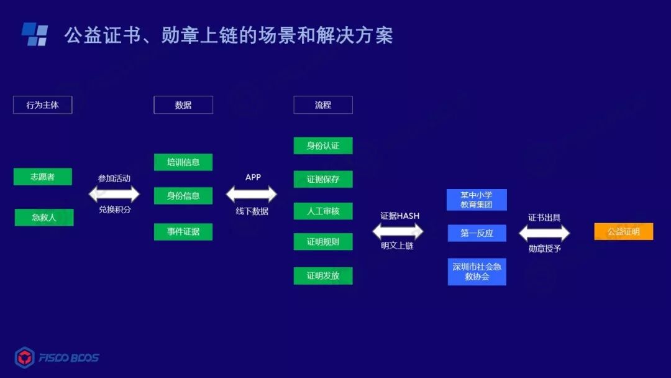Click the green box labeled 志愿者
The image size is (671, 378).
click(42, 177)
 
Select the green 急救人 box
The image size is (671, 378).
click(44, 217)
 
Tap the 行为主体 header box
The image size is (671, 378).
click(42, 105)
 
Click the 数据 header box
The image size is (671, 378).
click(183, 105)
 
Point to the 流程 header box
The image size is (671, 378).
click(322, 105)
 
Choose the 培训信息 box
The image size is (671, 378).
click(183, 162)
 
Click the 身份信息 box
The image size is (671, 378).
click(183, 195)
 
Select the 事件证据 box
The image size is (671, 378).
click(183, 232)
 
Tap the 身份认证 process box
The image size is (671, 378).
click(322, 145)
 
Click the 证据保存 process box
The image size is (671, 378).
click(322, 179)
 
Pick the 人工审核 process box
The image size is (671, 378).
click(322, 211)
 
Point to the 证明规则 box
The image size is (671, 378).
click(322, 242)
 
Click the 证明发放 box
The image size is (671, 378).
click(322, 275)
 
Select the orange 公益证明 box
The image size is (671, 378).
click(623, 231)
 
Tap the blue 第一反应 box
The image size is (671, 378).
click(477, 233)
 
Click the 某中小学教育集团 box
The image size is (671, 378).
click(477, 200)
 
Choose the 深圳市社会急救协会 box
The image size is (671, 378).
click(477, 272)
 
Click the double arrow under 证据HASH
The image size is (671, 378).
click(398, 231)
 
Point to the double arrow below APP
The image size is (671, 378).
click(252, 194)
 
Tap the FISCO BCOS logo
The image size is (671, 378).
click(57, 357)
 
